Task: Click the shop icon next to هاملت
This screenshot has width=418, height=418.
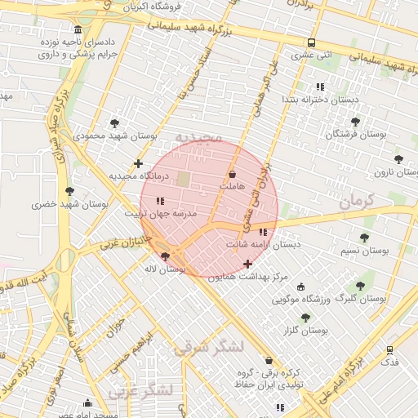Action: click(233, 174)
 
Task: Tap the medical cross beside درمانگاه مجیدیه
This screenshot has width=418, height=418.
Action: click(139, 163)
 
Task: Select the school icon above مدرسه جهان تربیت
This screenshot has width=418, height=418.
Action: click(160, 200)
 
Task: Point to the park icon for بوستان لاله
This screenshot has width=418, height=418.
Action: click(166, 256)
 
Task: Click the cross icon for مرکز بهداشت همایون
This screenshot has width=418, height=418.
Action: click(247, 264)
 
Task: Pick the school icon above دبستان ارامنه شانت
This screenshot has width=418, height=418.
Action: click(262, 232)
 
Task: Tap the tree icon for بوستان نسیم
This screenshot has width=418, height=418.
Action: click(363, 238)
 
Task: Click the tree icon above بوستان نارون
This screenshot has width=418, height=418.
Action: click(398, 159)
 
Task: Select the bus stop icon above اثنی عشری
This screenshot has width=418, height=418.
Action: click(311, 42)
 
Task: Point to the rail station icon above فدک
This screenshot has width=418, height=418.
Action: click(390, 349)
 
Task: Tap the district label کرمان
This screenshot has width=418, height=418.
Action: click(357, 201)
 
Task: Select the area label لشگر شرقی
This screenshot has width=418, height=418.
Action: click(209, 347)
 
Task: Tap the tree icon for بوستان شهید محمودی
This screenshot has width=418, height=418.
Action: click(114, 122)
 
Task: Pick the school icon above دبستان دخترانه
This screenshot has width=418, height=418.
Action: click(320, 86)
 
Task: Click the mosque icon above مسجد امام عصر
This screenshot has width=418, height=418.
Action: click(88, 402)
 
